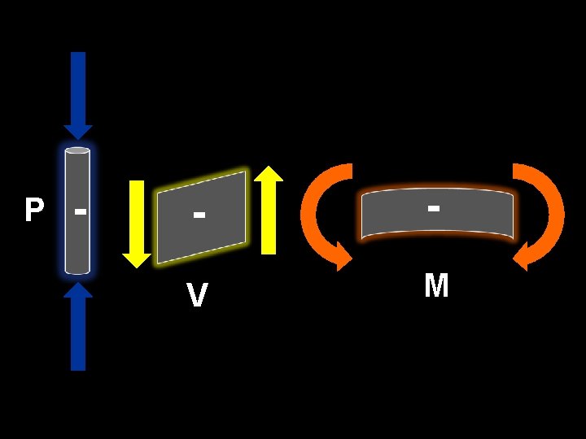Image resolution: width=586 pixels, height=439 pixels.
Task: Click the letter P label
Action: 33,211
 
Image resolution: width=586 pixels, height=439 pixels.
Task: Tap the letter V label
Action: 196,295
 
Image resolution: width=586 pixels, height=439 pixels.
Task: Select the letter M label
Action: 436,286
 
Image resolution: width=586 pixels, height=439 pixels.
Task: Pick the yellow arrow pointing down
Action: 137,224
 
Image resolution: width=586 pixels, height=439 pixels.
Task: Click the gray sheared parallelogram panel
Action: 202,217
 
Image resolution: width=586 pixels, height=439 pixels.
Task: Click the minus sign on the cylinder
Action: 80,211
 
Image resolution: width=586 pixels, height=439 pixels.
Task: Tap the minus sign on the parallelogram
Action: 199,216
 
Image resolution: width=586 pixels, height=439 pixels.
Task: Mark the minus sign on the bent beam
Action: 435,208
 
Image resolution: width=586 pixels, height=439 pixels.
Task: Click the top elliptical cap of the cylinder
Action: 77,150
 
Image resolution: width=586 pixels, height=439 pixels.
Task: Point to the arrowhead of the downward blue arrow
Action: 78,129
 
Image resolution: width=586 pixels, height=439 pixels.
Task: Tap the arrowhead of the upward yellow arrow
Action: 269,174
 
